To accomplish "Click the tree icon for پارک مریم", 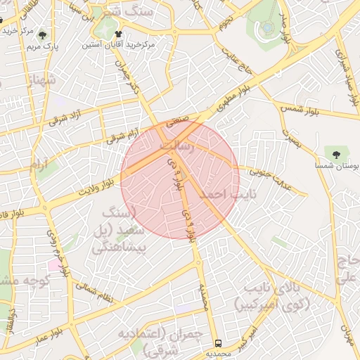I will click(x=44, y=34).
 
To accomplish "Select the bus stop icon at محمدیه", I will click(x=219, y=344).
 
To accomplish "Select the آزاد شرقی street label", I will click(x=67, y=115).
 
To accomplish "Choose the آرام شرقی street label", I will click(x=122, y=134).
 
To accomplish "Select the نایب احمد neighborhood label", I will click(x=226, y=193).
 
